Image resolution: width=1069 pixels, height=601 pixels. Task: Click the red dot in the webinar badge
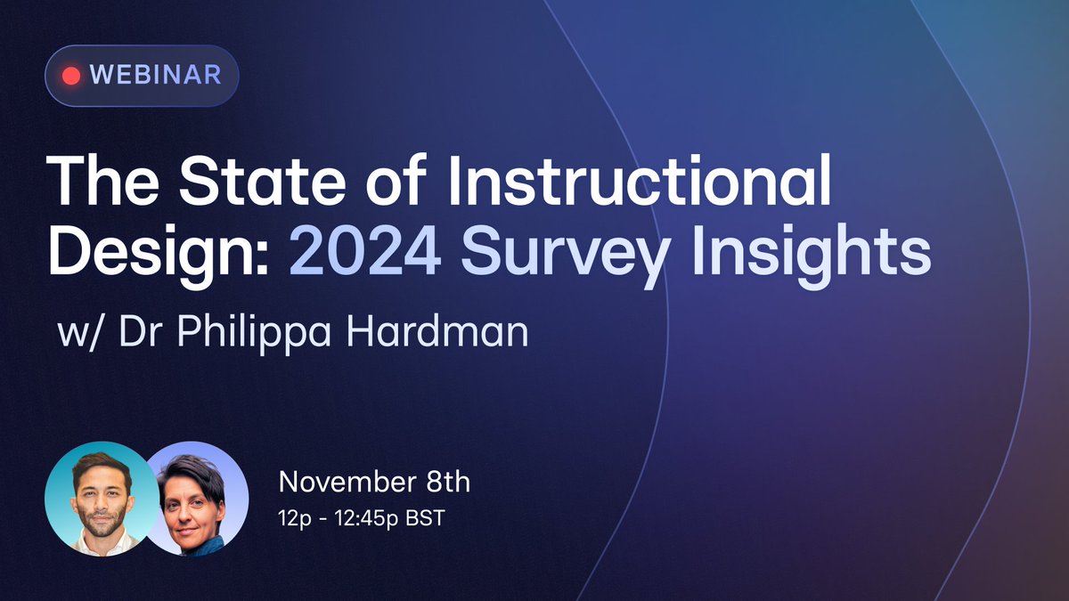(x=72, y=75)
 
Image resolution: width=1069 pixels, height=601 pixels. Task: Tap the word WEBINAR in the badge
(x=156, y=75)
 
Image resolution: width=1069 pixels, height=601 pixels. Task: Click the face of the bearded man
(x=100, y=495)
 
